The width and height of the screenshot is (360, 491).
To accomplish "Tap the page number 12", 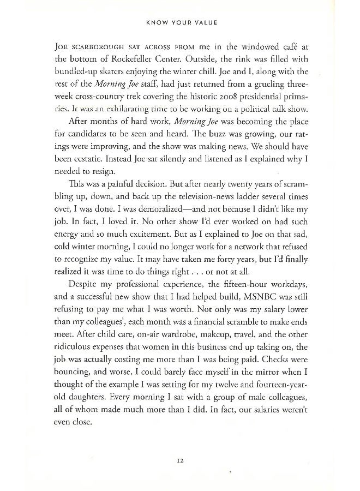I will pyautogui.click(x=179, y=460).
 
